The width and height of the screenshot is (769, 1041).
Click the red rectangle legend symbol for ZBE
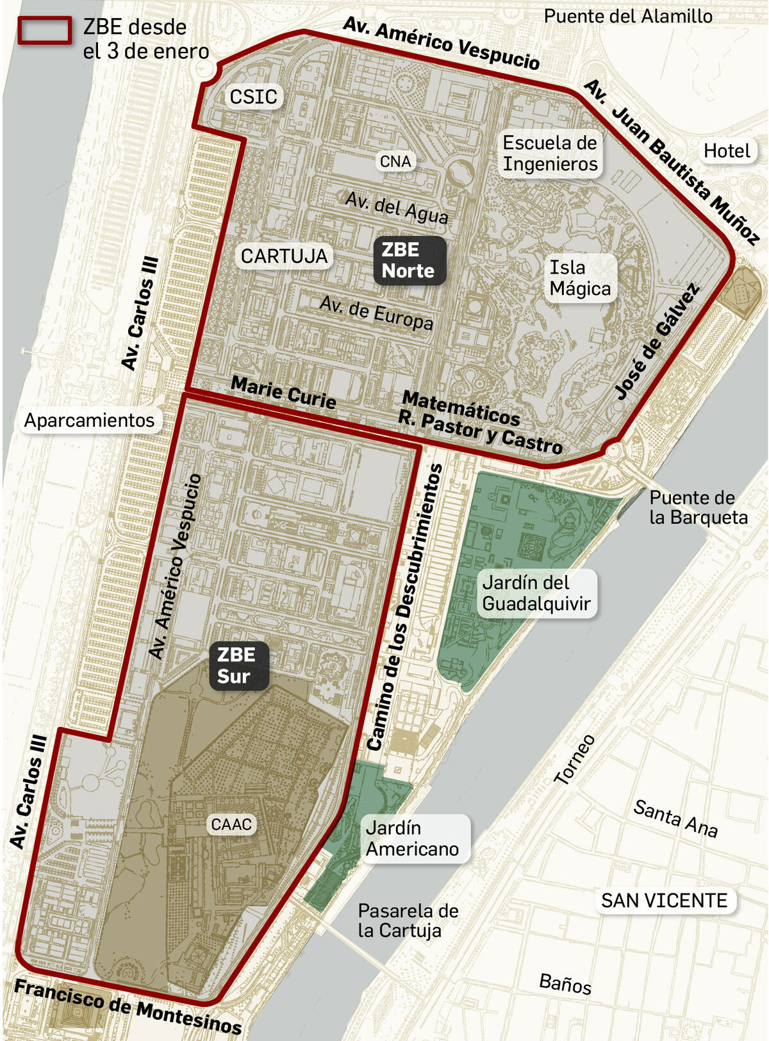(x=44, y=30)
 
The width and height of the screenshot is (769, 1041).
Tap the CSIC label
(x=253, y=97)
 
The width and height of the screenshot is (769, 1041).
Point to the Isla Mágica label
(x=580, y=278)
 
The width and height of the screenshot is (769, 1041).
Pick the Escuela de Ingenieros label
(x=549, y=153)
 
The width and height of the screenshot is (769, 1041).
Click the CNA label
(x=395, y=162)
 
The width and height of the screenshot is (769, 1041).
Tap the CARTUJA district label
(x=284, y=256)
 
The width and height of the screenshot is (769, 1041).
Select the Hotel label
(x=726, y=151)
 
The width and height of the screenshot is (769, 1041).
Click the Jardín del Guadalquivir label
(x=536, y=593)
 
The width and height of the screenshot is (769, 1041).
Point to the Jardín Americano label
(x=412, y=838)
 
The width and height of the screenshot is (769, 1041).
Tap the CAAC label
(x=231, y=824)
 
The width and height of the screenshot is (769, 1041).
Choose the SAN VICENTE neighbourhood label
(x=664, y=901)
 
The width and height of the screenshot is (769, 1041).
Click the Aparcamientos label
(x=89, y=421)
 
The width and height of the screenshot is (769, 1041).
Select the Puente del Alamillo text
(x=627, y=16)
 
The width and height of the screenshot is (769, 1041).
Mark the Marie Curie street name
(x=283, y=392)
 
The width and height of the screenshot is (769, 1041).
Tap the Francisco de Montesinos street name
(x=128, y=1006)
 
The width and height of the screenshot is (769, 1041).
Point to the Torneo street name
(x=575, y=760)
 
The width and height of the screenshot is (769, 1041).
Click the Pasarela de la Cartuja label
(x=408, y=920)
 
